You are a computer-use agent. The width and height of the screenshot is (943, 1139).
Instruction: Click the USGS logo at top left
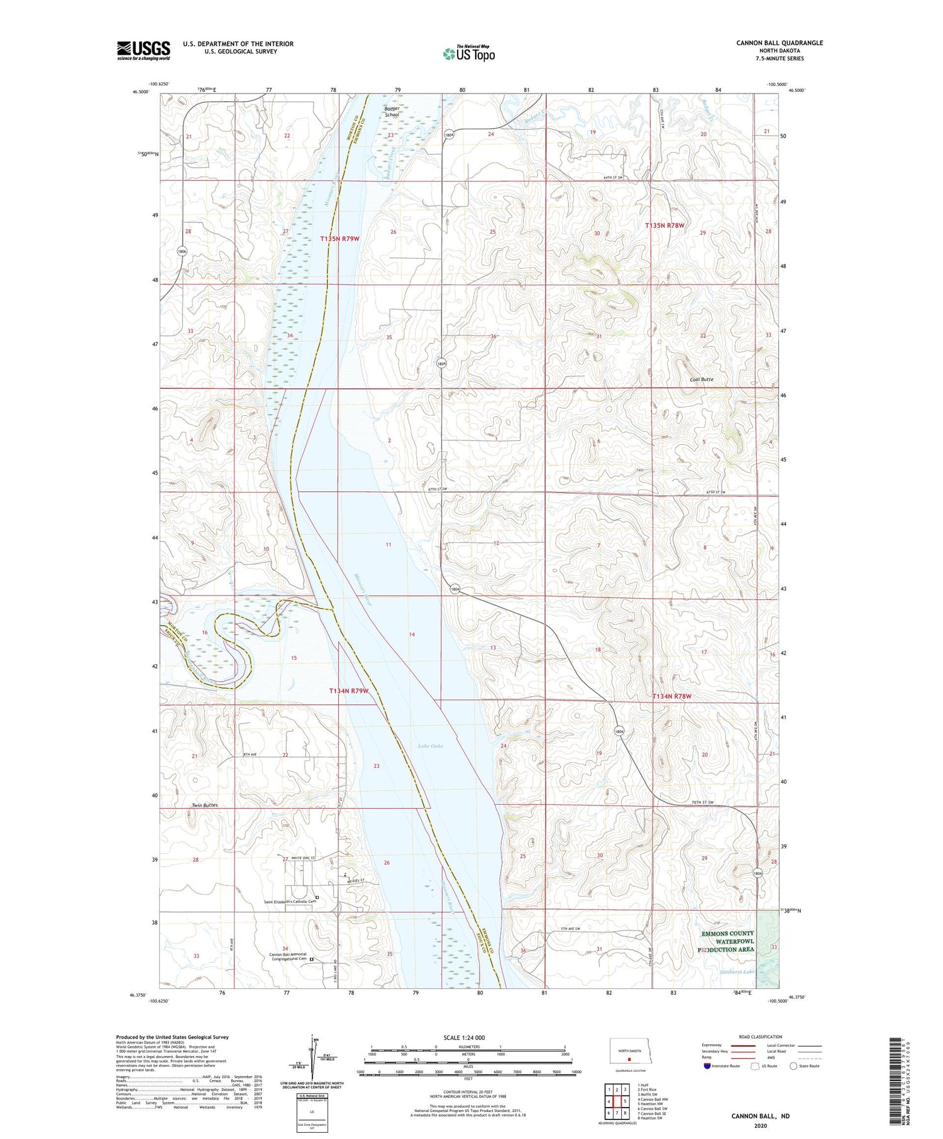[x=143, y=50]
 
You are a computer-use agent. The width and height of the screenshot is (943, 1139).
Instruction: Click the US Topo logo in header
[x=469, y=53]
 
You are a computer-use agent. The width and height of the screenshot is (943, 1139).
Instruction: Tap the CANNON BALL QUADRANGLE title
[x=779, y=43]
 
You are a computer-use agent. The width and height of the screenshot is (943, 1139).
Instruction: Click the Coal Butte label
[x=701, y=379]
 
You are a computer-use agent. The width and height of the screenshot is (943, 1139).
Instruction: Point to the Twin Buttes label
[x=205, y=805]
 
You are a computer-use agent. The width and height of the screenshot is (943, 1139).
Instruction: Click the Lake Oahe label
[x=431, y=746]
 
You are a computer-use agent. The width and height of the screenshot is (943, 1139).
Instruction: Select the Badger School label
[x=392, y=112]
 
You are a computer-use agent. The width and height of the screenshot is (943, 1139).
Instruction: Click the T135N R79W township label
[x=339, y=239]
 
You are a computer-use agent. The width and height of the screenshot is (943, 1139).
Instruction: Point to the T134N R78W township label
[x=671, y=696]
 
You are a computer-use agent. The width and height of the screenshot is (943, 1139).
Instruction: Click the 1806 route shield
[x=182, y=251]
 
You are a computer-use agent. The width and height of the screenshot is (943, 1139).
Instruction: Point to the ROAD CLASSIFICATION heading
[x=760, y=1037]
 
